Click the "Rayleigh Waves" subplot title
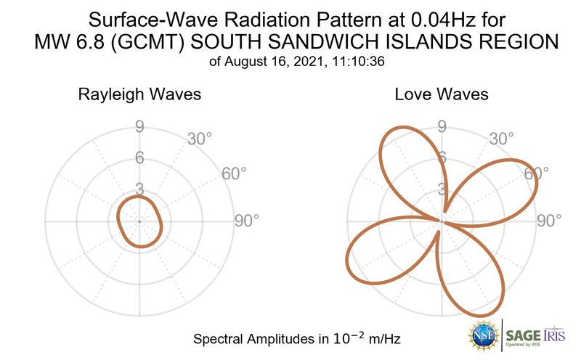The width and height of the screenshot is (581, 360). click(139, 94)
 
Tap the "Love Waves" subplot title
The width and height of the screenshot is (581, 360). click(441, 94)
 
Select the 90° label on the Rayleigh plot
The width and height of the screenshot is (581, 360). click(245, 221)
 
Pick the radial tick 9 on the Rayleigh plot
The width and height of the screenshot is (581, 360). click(139, 127)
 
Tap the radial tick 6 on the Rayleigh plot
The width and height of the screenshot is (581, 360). click(139, 158)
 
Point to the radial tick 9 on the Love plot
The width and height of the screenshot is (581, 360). click(442, 127)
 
